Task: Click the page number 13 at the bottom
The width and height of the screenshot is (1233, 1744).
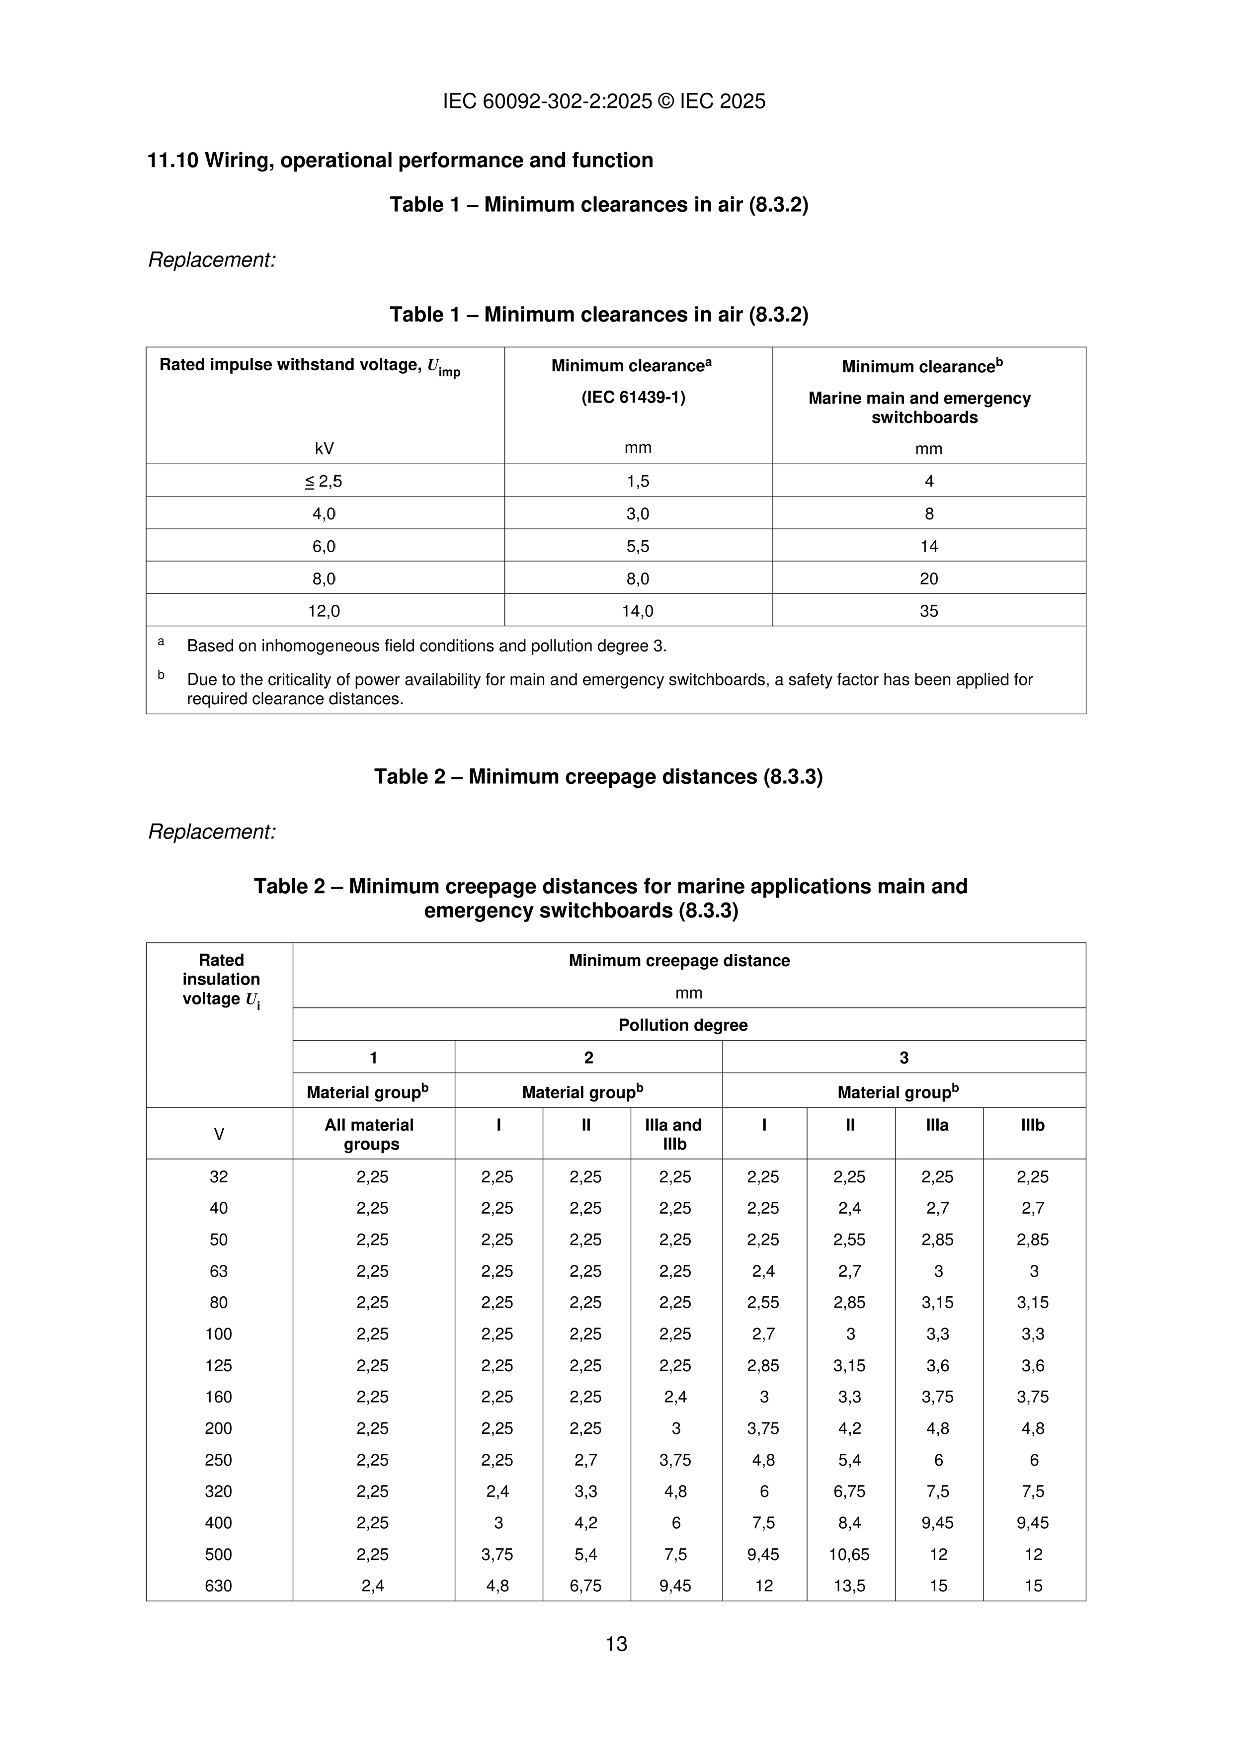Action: (x=616, y=1644)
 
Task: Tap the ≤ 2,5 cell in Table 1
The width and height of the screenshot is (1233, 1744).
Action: (x=325, y=481)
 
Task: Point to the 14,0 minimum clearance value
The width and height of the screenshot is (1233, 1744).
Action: (x=638, y=611)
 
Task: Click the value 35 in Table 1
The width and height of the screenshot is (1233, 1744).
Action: (x=928, y=611)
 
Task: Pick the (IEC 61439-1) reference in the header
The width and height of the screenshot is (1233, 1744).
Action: (x=634, y=397)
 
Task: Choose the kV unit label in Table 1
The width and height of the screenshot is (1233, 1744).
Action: (x=325, y=448)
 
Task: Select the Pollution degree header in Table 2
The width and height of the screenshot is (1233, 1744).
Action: (x=682, y=1025)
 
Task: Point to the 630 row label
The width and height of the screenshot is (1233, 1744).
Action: (x=219, y=1585)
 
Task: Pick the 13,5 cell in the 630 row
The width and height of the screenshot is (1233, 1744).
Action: (x=849, y=1585)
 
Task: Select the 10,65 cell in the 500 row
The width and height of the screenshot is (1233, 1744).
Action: (x=849, y=1554)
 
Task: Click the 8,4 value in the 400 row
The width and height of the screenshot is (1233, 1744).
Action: (x=849, y=1522)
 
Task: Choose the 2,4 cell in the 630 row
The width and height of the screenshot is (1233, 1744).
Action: (x=372, y=1585)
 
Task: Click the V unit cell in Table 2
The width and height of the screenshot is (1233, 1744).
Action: (x=219, y=1134)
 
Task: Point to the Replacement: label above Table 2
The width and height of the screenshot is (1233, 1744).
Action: (x=212, y=831)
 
